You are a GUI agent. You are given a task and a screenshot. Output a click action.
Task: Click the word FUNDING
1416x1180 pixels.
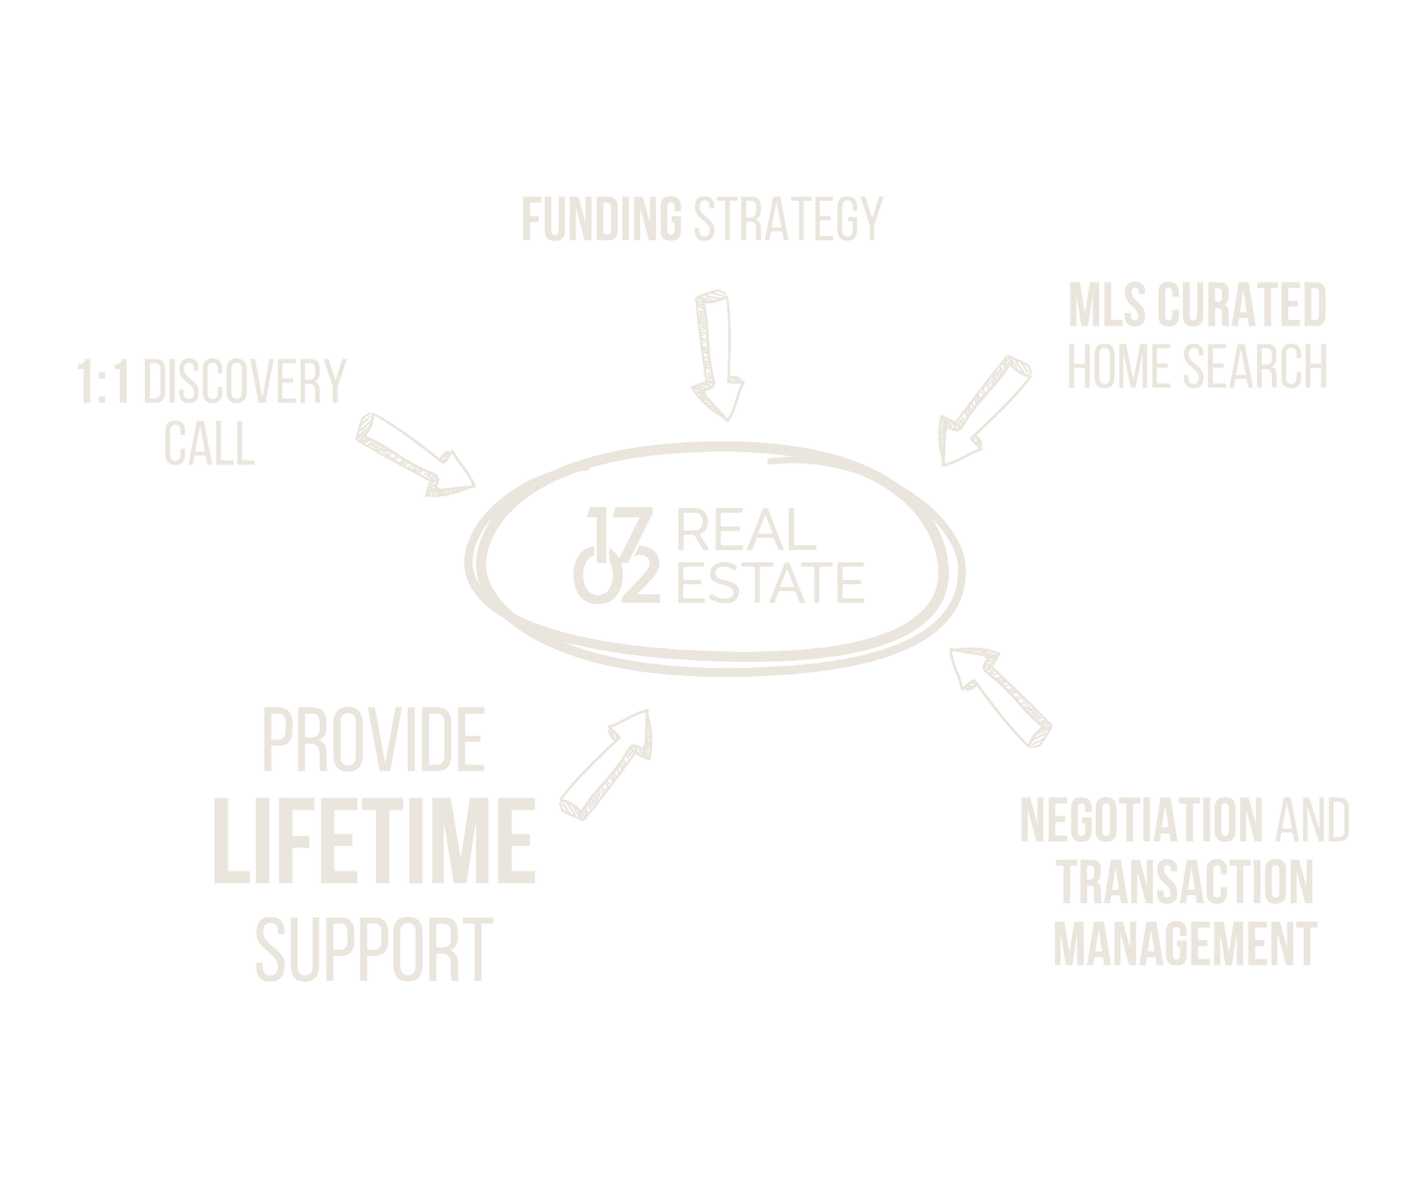(601, 219)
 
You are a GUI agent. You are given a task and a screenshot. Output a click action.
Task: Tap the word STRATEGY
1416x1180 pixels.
(787, 219)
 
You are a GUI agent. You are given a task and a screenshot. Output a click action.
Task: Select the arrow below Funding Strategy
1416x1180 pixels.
(716, 354)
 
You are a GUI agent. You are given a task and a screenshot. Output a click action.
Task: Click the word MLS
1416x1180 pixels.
(1106, 305)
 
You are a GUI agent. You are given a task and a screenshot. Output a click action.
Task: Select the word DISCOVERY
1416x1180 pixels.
(244, 382)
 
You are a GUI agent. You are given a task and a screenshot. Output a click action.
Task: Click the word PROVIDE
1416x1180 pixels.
(373, 740)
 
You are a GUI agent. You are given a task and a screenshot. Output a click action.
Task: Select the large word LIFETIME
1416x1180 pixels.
(374, 840)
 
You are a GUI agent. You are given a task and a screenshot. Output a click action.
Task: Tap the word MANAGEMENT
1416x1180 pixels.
(1185, 944)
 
